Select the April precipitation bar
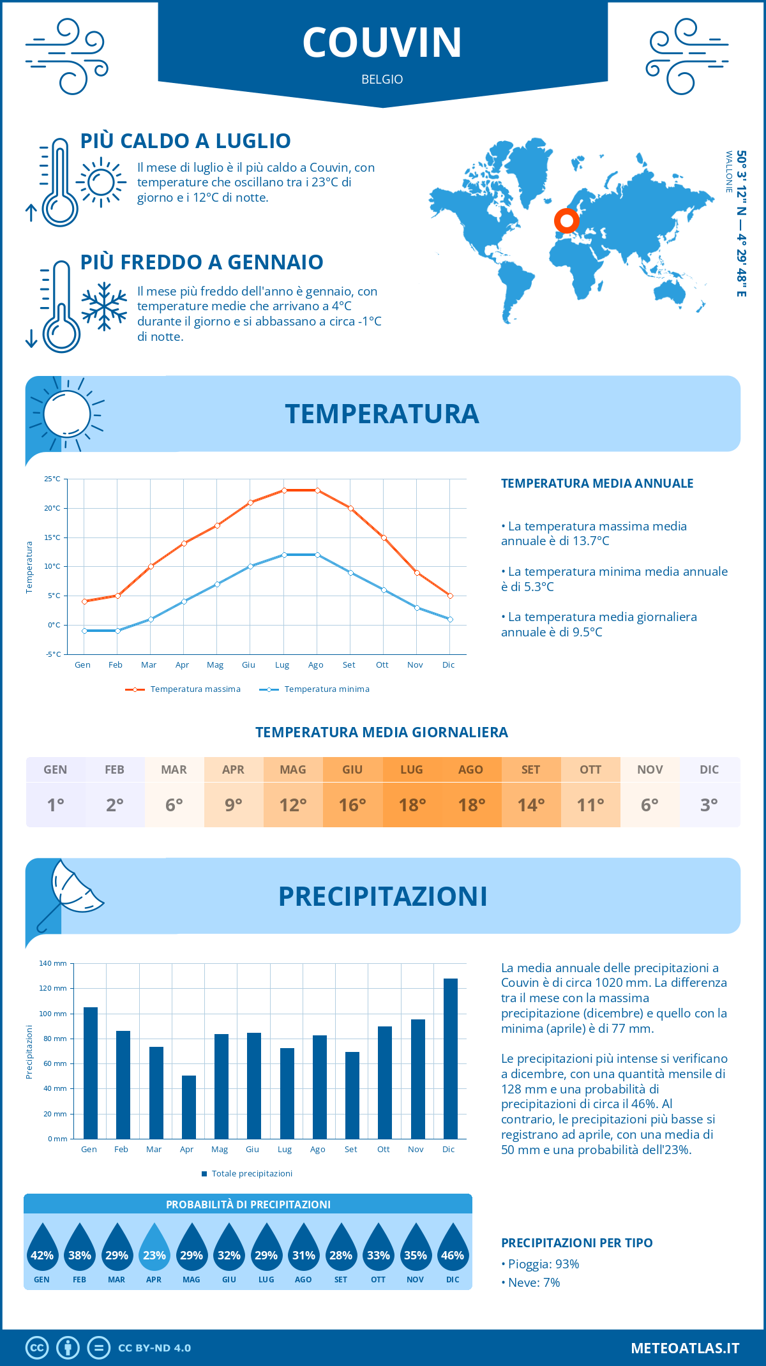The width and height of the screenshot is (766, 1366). tap(188, 1107)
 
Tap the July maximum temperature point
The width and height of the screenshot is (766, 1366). tap(284, 490)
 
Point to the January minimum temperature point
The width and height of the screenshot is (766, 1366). tap(84, 631)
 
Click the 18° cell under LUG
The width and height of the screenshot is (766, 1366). tap(412, 805)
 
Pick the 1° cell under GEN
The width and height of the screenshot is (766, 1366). tap(56, 805)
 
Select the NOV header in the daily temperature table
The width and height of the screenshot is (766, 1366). tap(650, 769)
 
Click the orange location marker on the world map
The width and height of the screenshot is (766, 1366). tap(566, 221)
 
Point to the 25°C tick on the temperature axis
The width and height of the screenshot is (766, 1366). tap(52, 479)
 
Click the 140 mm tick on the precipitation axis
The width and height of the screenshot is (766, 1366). tap(53, 963)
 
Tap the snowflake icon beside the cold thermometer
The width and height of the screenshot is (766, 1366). tap(104, 306)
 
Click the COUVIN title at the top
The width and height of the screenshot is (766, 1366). tap(382, 43)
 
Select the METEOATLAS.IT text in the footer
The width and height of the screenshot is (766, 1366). tap(684, 1347)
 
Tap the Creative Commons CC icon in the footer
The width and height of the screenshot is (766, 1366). tap(37, 1347)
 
